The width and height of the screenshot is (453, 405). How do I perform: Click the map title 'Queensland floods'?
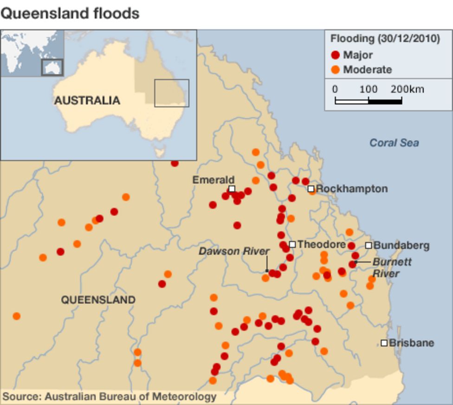[70, 13]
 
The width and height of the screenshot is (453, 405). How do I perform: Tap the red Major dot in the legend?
[336, 55]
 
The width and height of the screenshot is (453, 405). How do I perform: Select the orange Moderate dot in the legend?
[336, 70]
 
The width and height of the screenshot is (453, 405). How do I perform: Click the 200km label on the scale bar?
[407, 89]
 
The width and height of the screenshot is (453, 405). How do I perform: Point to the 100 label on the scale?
[369, 89]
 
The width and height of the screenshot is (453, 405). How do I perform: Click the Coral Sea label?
[394, 143]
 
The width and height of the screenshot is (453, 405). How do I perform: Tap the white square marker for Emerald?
[232, 189]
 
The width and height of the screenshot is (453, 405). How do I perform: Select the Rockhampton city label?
[351, 189]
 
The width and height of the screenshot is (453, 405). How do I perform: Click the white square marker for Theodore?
[292, 244]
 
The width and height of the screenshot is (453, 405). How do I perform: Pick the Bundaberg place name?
[401, 245]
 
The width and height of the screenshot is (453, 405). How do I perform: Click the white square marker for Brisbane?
[384, 343]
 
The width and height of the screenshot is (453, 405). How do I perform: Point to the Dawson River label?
[234, 251]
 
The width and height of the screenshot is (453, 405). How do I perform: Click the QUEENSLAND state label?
[98, 300]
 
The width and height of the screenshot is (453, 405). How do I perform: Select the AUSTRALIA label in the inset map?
[87, 100]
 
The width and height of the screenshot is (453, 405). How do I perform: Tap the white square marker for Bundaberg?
[369, 245]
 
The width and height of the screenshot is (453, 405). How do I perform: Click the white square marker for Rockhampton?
[311, 189]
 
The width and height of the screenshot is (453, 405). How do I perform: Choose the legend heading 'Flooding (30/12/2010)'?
[385, 39]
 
